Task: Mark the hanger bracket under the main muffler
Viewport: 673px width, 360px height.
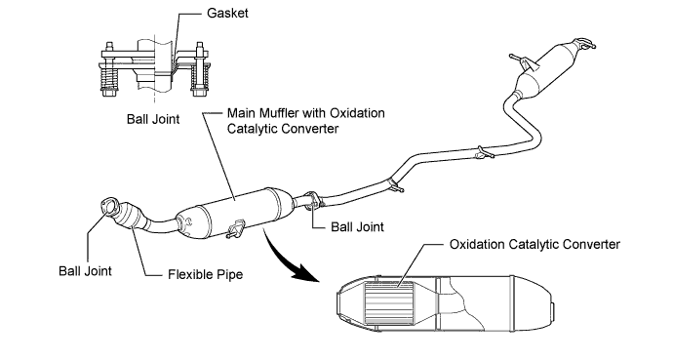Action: pyautogui.click(x=235, y=230)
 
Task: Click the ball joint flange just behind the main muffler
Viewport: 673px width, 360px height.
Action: pyautogui.click(x=311, y=201)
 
